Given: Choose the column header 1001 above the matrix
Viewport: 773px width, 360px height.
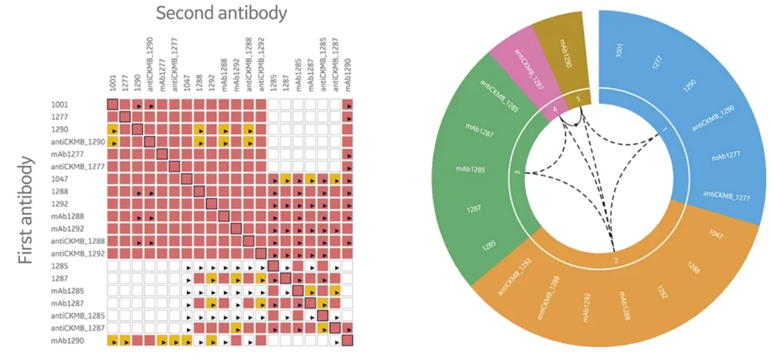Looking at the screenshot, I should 113,83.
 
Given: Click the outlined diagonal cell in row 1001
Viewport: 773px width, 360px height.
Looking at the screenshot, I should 112,105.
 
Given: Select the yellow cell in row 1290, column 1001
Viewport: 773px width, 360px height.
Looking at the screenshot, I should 112,130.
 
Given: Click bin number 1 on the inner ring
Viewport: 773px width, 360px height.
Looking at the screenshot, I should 665,130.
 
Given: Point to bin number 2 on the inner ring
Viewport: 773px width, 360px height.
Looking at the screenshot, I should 616,259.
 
